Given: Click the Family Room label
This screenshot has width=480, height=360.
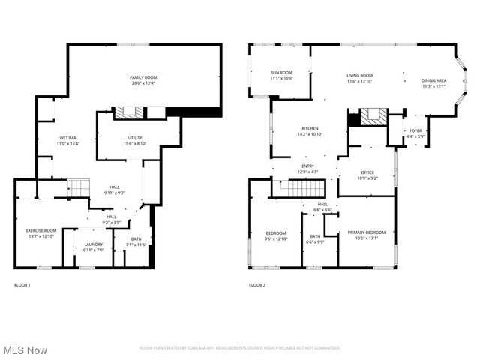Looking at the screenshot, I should (145, 77).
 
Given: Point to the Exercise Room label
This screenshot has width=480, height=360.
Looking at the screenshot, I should (41, 230).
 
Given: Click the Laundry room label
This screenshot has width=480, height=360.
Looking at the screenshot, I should (94, 244).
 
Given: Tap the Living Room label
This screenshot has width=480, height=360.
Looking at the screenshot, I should (359, 76).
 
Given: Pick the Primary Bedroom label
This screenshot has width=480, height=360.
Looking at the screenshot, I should (367, 232).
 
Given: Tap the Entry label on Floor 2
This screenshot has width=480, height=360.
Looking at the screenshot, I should (308, 166).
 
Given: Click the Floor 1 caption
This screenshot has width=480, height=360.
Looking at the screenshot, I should (22, 285).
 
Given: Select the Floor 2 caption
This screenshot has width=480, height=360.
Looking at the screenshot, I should (257, 285).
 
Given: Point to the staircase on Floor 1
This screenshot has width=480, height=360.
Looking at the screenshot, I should (79, 187).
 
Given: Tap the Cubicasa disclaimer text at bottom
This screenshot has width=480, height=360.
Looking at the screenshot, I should (240, 348).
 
